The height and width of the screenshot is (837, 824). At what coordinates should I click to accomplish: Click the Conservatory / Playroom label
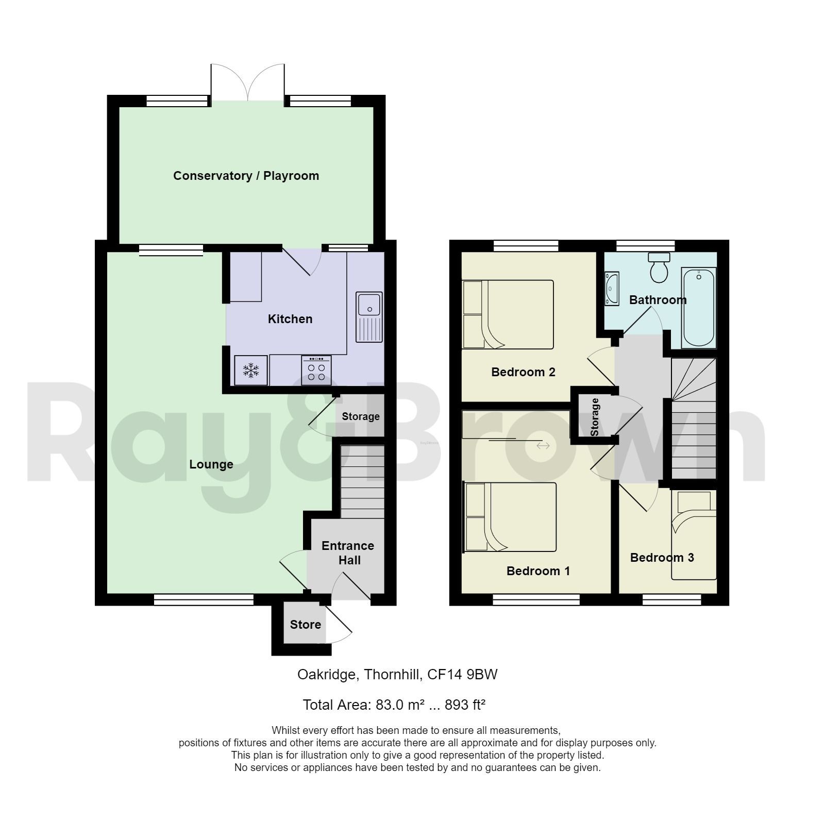(246, 176)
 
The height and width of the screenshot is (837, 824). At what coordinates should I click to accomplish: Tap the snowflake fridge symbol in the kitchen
(251, 370)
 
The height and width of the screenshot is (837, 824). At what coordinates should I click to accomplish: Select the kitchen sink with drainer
(369, 317)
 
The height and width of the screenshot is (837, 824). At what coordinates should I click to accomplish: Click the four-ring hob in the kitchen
(316, 371)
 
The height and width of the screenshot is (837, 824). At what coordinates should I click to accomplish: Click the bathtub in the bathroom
(699, 308)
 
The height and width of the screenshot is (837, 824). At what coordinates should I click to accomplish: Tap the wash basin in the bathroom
(612, 289)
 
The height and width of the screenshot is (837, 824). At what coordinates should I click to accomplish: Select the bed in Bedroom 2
(508, 314)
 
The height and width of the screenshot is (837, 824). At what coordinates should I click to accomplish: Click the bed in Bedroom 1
(510, 517)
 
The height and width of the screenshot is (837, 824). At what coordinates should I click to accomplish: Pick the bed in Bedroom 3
(694, 536)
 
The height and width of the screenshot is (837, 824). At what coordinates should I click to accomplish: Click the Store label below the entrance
(305, 625)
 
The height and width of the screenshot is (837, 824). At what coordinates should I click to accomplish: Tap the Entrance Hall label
(348, 553)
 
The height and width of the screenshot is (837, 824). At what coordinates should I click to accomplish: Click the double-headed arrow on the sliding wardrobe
(543, 445)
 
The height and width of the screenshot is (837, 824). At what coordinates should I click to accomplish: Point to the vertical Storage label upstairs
(595, 417)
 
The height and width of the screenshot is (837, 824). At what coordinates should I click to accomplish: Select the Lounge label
(211, 464)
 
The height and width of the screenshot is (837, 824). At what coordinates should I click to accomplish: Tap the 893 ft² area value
(465, 705)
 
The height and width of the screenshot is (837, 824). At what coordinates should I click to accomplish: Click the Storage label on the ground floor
(361, 416)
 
